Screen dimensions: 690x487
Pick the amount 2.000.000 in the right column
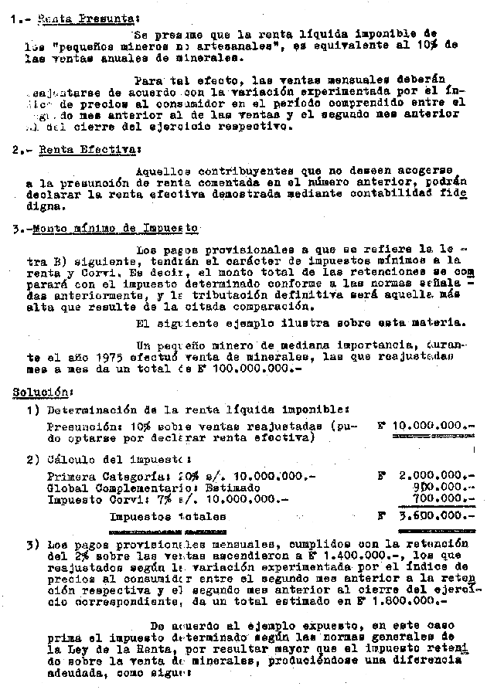tap(433, 476)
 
